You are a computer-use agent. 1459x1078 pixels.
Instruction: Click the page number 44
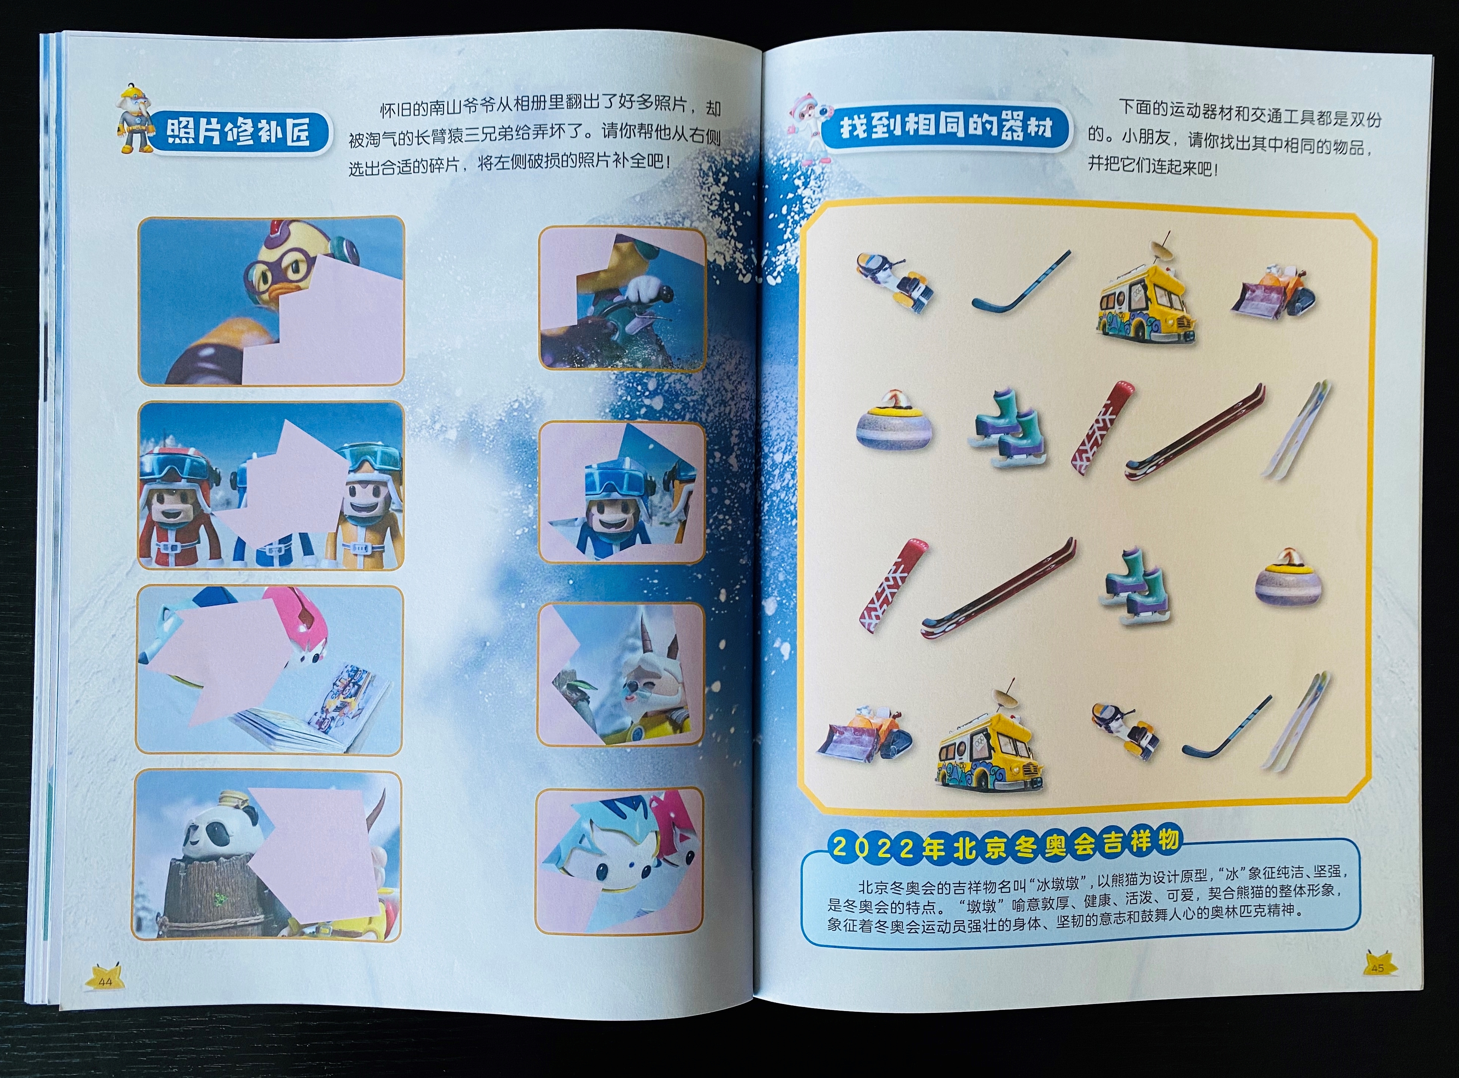[x=105, y=981]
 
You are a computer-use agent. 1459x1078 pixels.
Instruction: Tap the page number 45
[x=1378, y=968]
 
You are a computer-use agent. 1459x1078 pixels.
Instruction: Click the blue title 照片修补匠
[x=238, y=131]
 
